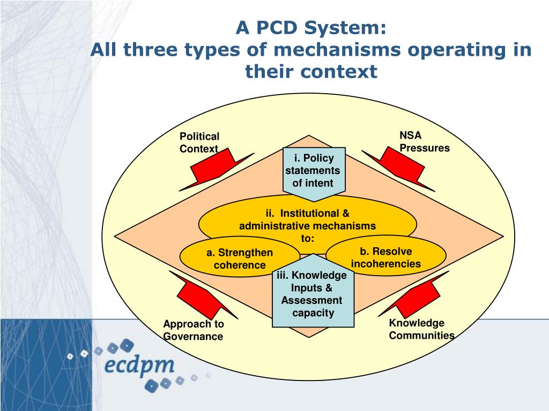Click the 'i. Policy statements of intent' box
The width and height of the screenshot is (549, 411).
313,170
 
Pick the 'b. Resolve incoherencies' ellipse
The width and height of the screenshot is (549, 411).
386,257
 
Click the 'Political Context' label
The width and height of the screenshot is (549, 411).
199,142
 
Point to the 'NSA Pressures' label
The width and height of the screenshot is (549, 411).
424,142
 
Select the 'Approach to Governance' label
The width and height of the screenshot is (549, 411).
193,330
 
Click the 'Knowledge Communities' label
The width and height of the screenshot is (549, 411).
421,329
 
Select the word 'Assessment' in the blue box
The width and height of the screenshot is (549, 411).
311,300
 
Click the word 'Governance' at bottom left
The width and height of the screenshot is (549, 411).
193,337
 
